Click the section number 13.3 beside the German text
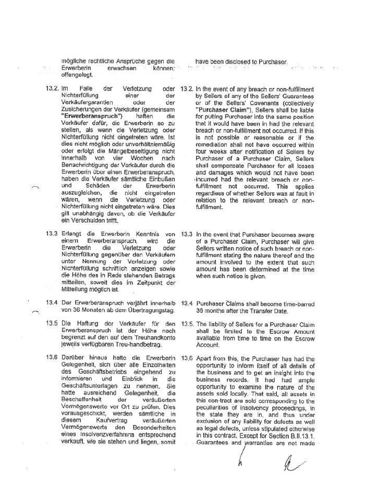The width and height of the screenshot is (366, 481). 51,234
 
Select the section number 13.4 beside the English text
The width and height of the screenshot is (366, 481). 186,303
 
